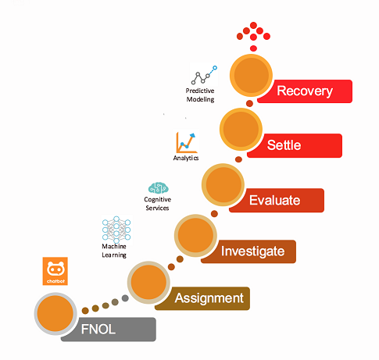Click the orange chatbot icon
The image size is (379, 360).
pyautogui.click(x=55, y=271)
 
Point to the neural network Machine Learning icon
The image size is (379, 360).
pyautogui.click(x=116, y=229)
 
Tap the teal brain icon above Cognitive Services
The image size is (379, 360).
pyautogui.click(x=159, y=188)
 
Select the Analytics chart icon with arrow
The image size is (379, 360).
pyautogui.click(x=186, y=143)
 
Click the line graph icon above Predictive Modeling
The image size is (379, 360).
pyautogui.click(x=204, y=75)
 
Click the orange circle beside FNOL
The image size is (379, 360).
pyautogui.click(x=55, y=314)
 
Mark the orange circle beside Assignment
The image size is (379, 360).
pyautogui.click(x=148, y=282)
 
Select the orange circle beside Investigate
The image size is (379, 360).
pyautogui.click(x=195, y=235)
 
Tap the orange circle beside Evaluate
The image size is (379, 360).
pyautogui.click(x=223, y=184)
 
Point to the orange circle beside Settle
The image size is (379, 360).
pyautogui.click(x=241, y=130)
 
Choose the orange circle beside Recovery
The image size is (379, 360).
pyautogui.click(x=251, y=75)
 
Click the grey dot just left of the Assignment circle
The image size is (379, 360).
pyautogui.click(x=125, y=298)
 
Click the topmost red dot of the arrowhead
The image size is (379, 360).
pyautogui.click(x=253, y=25)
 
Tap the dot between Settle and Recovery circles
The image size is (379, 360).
pyautogui.click(x=249, y=103)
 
